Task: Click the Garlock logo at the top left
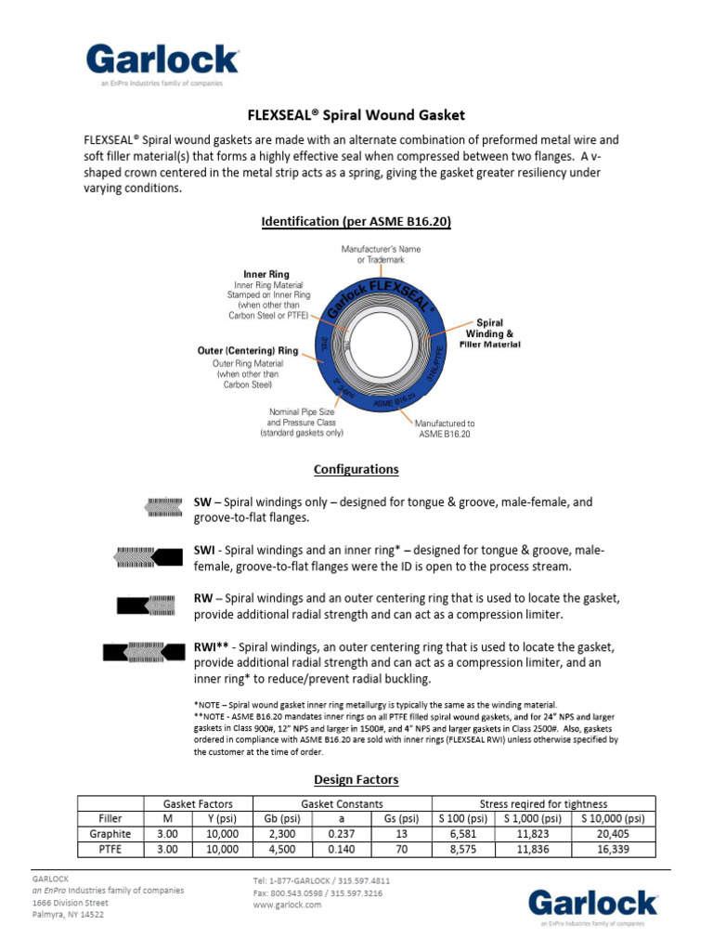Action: pyautogui.click(x=162, y=63)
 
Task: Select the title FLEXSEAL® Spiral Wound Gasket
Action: pyautogui.click(x=356, y=115)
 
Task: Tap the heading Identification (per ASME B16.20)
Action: pyautogui.click(x=356, y=222)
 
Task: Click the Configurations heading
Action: pyautogui.click(x=356, y=469)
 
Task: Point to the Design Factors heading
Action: pyautogui.click(x=356, y=779)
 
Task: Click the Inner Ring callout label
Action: pyautogui.click(x=266, y=275)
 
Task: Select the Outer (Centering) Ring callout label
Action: pyautogui.click(x=248, y=351)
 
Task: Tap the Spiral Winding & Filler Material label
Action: pyautogui.click(x=489, y=333)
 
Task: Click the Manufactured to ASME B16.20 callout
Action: pyautogui.click(x=445, y=427)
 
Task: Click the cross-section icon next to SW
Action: pyautogui.click(x=165, y=507)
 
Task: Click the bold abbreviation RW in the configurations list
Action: pyautogui.click(x=203, y=598)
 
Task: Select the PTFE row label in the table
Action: pyautogui.click(x=110, y=850)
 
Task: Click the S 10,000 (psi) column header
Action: pyautogui.click(x=612, y=818)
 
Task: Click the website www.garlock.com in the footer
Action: pyautogui.click(x=287, y=905)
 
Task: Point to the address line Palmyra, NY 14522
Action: pyautogui.click(x=68, y=915)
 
